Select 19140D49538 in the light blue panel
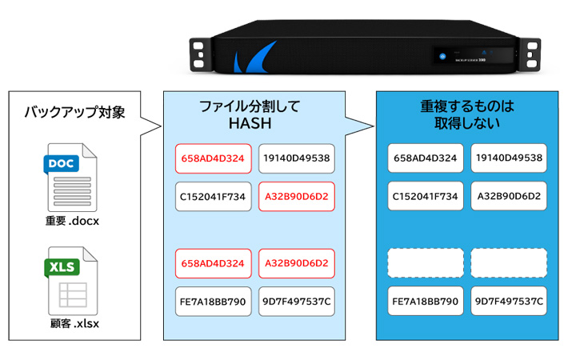pyautogui.click(x=296, y=158)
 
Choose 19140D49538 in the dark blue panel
pyautogui.click(x=509, y=158)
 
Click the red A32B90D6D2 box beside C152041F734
pyautogui.click(x=296, y=196)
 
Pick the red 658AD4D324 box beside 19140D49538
pyautogui.click(x=213, y=158)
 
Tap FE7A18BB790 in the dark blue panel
pyautogui.click(x=426, y=302)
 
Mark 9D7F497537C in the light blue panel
pyautogui.click(x=296, y=302)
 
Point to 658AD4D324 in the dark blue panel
pyautogui.click(x=426, y=158)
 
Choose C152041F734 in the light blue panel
pyautogui.click(x=213, y=196)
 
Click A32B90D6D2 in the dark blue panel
pyautogui.click(x=509, y=196)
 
